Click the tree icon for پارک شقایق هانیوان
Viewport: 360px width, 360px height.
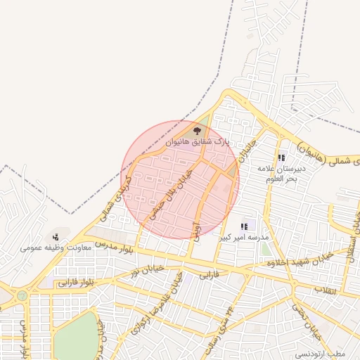point(197,130)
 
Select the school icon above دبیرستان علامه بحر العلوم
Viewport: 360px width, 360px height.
point(281,158)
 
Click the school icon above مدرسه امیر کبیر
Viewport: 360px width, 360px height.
point(243,226)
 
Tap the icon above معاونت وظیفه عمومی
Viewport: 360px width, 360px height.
point(56,238)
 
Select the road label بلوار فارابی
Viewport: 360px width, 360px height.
point(77,282)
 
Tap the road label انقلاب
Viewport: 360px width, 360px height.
point(325,290)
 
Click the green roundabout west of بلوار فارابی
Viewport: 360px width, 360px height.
point(22,296)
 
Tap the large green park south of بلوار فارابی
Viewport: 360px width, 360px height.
point(77,336)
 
